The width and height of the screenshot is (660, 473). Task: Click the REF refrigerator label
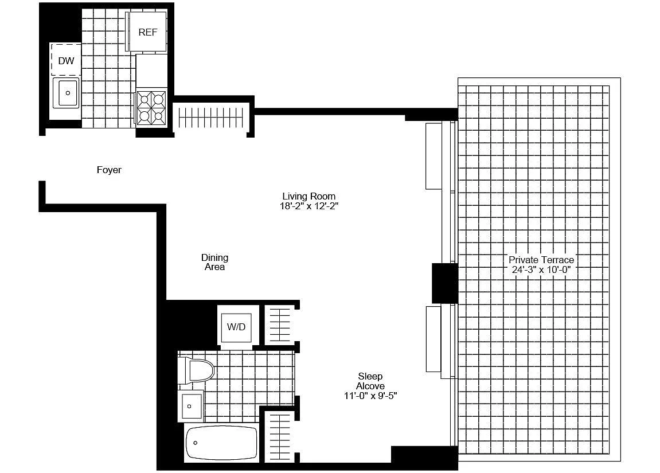148,33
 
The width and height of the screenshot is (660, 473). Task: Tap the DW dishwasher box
66,60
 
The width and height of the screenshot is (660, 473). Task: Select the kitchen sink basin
66,92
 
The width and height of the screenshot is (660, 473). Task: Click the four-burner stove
151,107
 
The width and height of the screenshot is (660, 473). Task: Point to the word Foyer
109,170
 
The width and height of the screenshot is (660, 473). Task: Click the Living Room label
309,196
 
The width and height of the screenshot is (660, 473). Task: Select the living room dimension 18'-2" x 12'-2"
309,206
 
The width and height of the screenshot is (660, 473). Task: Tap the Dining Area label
214,262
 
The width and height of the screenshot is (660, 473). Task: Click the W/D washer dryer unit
236,327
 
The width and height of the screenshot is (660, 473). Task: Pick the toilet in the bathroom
196,370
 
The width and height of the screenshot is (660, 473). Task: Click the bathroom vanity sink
191,406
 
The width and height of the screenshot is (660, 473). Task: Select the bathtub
221,443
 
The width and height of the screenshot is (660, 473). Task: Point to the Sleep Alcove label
370,381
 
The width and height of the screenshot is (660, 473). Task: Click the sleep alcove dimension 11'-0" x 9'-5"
370,396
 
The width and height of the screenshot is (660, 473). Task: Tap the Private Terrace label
541,260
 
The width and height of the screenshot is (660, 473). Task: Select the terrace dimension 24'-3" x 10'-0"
541,269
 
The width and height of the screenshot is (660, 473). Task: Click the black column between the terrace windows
445,283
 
